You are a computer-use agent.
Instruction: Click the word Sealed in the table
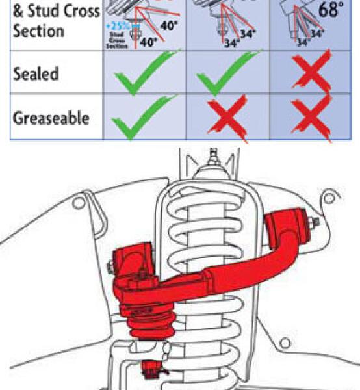click(37, 73)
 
